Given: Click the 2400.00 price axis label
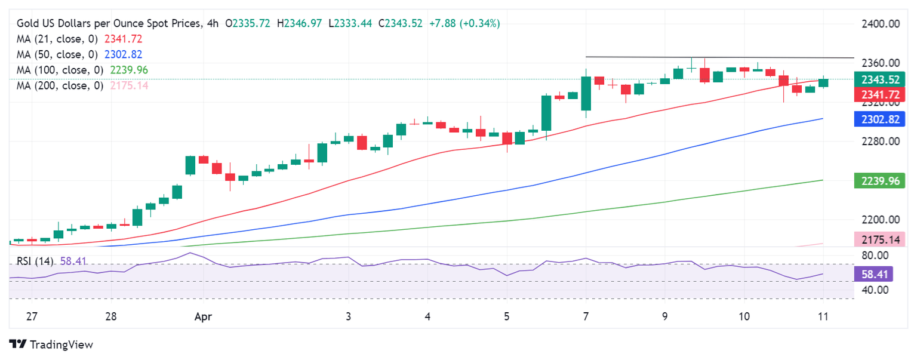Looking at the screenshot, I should click(881, 24).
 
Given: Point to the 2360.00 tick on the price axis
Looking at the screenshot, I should click(881, 63).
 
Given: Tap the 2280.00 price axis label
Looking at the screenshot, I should click(881, 141).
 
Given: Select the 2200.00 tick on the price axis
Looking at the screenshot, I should click(881, 220).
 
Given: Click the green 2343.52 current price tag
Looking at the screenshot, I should click(876, 80).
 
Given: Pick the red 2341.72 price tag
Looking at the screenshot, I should click(876, 94).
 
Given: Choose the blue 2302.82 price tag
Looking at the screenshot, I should click(876, 119).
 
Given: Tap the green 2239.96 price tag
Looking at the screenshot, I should click(876, 181).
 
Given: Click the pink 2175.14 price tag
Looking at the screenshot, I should click(876, 240).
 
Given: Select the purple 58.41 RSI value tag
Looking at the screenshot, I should click(876, 274).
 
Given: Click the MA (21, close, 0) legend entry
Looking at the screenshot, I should click(59, 39).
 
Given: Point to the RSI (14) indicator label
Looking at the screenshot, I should click(35, 261).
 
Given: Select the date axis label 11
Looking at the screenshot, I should click(823, 316).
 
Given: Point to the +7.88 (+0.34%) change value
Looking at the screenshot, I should click(464, 23).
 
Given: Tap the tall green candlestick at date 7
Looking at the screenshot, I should click(586, 93).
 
